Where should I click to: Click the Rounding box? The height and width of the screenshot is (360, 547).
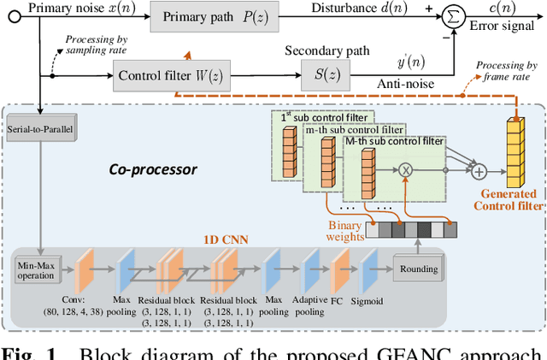pos(420,269)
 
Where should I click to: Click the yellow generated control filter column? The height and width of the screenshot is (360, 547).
pos(515,150)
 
